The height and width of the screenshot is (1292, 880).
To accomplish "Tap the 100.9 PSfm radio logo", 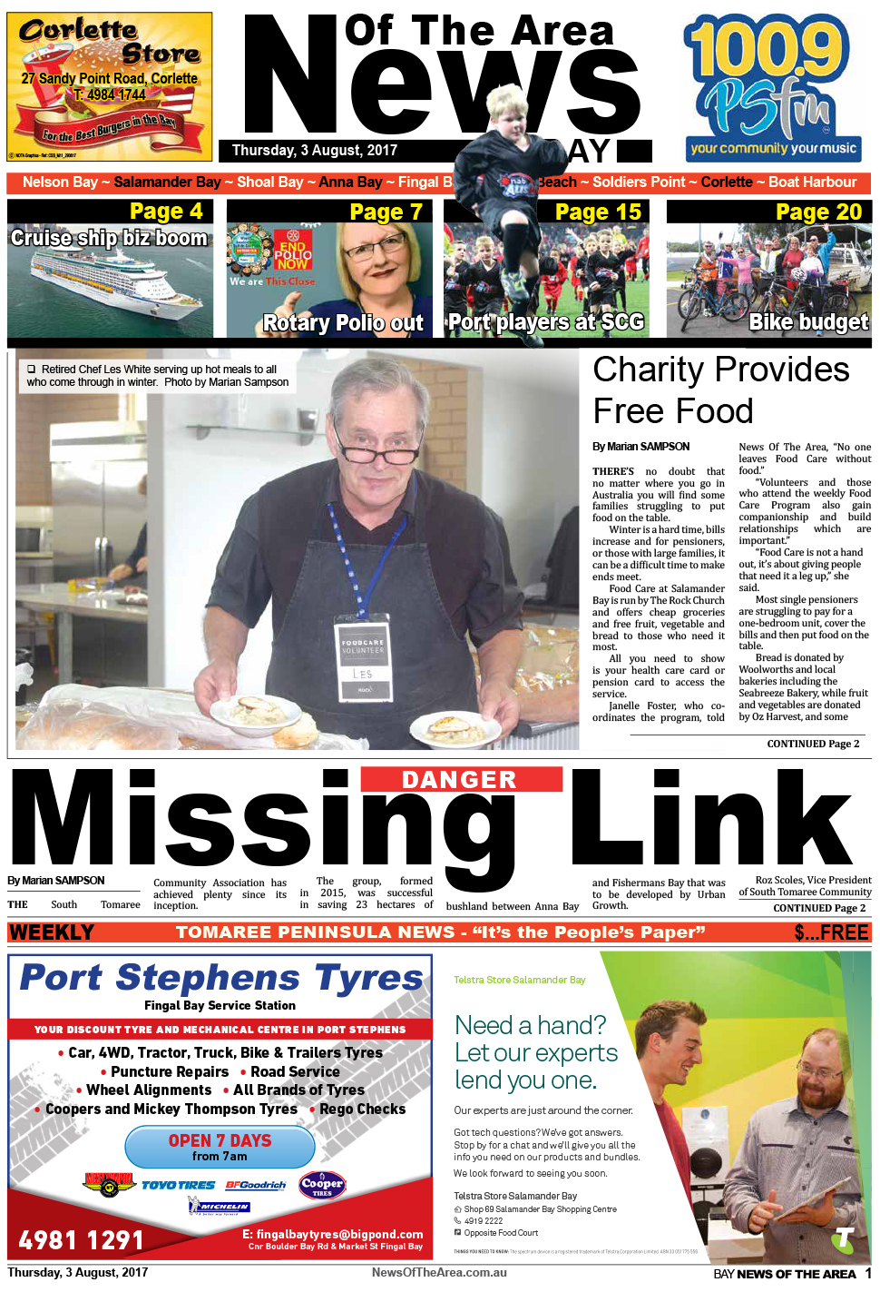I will pos(771,86).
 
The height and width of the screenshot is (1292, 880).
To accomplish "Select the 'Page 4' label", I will pos(166,212).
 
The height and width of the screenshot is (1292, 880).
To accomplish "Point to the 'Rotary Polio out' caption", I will pos(343,323).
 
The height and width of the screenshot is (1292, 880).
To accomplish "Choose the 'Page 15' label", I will pos(598,212).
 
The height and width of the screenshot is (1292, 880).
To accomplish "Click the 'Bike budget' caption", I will pos(807,322).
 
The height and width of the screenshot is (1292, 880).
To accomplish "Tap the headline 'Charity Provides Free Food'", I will pos(721,390).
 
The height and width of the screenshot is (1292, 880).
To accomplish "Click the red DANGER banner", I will pos(460,779).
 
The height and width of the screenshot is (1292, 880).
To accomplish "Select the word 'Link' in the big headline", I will pos(712,817).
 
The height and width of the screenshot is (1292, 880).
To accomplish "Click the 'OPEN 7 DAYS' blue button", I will pos(220,1147).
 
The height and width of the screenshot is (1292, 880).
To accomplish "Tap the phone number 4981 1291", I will pos(82,1240).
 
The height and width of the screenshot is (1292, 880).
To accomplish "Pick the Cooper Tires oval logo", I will pos(322,1185).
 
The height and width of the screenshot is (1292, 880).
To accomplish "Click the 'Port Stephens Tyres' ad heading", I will pos(221,978).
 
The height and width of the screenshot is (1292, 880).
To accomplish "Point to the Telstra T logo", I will pos(845,1238).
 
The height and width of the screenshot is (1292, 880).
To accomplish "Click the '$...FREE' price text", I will pos(831,932).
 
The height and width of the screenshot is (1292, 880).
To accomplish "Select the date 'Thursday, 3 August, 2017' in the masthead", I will pos(315,151).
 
